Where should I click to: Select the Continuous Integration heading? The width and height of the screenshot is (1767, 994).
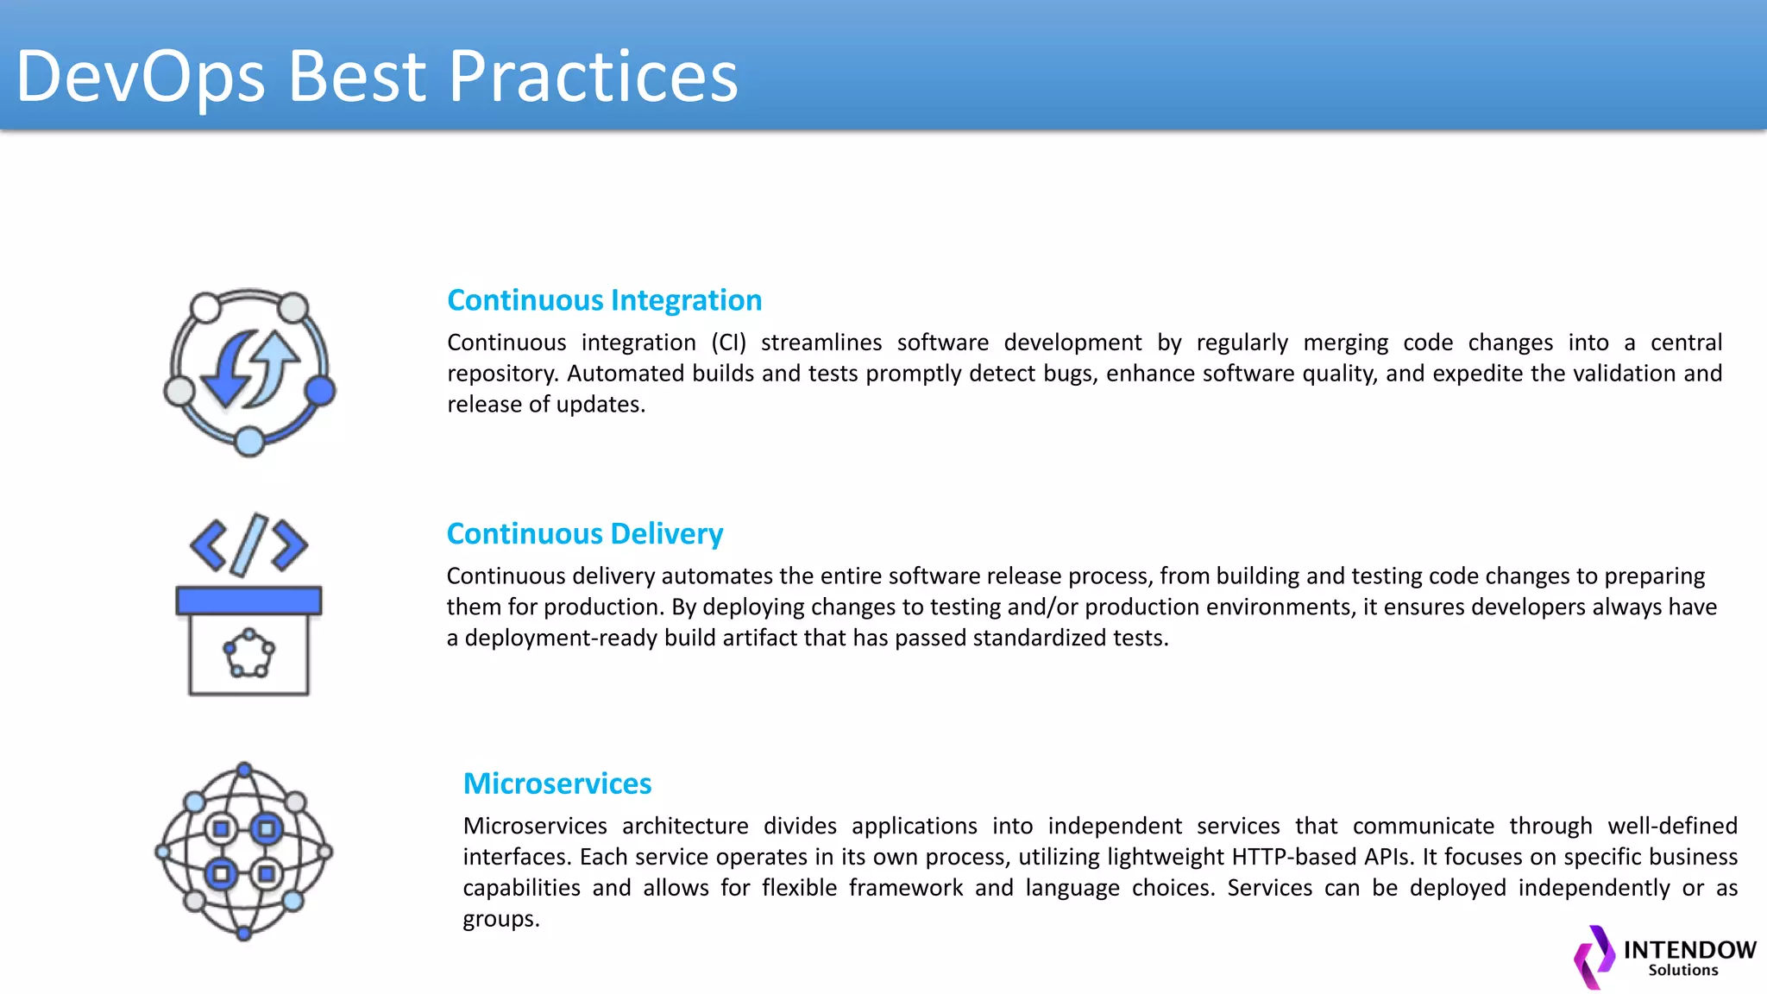coord(604,300)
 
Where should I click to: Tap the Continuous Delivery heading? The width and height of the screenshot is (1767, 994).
coord(584,534)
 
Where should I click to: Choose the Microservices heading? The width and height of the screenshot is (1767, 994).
coord(557,783)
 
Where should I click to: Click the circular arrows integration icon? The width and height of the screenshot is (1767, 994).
coord(249,371)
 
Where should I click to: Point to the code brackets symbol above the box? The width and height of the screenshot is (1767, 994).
coord(248,544)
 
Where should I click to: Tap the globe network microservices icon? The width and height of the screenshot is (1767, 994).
coord(244,852)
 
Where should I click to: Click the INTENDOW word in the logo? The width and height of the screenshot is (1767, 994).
coord(1688,950)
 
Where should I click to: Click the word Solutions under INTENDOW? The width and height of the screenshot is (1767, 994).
coord(1682,971)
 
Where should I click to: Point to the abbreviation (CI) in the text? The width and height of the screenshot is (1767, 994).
coord(728,343)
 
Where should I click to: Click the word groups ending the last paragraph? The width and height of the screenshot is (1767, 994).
coord(500,919)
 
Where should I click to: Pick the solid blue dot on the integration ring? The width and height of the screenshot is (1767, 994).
coord(320,391)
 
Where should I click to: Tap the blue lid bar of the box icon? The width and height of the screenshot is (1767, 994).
coord(248,601)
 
